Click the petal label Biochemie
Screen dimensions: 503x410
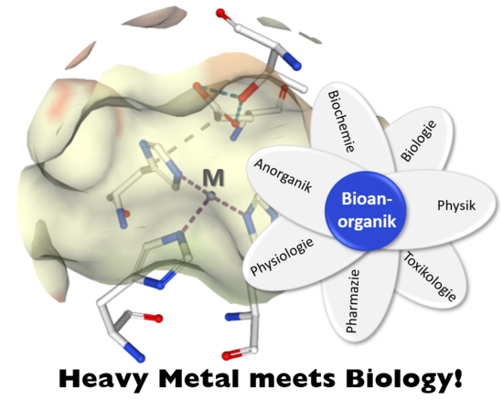coord(342,121)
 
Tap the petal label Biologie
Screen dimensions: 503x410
coord(419,141)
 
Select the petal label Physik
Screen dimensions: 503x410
coord(456,205)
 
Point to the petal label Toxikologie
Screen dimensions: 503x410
coord(430,276)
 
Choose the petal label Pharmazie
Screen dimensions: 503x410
coord(352,300)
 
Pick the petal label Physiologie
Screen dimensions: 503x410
coord(282,257)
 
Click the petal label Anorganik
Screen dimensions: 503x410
coord(283,175)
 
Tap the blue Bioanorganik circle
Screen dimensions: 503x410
coord(366,210)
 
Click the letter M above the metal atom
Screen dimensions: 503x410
coord(214,178)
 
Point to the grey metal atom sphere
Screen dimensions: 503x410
coord(211,195)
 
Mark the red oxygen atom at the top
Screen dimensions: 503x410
coord(220,13)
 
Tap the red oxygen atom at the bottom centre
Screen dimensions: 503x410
coord(227,356)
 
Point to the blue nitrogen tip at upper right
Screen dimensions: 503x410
coord(295,65)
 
